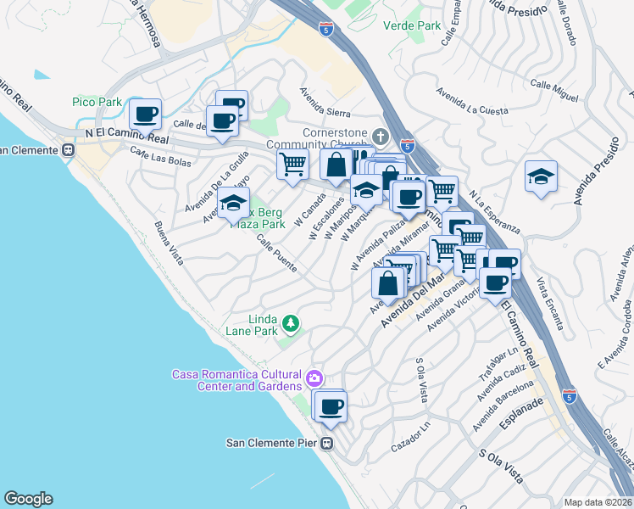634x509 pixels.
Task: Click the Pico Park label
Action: point(97,102)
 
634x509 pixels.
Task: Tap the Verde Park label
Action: point(412,25)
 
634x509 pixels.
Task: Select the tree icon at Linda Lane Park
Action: point(291,322)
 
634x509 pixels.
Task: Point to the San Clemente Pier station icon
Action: point(328,443)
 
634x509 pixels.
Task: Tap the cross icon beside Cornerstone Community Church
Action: point(381,136)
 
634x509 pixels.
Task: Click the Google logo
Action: point(27,499)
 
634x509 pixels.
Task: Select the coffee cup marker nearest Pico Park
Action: point(145,114)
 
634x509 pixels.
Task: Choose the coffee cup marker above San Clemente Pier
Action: point(331,406)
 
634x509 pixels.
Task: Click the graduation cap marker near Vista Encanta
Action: point(541,176)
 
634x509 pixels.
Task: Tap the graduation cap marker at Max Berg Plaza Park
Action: point(233,204)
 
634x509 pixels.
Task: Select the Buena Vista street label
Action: point(168,243)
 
